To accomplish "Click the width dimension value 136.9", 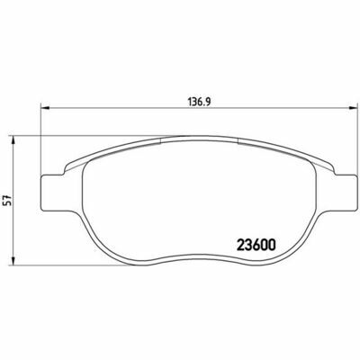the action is click(x=200, y=102).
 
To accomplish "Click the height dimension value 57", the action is click(x=8, y=200).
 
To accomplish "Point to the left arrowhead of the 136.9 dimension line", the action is click(x=44, y=108).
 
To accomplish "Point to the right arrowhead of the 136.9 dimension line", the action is click(x=354, y=108).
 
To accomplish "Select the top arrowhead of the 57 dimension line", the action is click(x=13, y=140).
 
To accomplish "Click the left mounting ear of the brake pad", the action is click(x=52, y=193).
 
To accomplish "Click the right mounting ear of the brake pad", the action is click(x=346, y=192).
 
